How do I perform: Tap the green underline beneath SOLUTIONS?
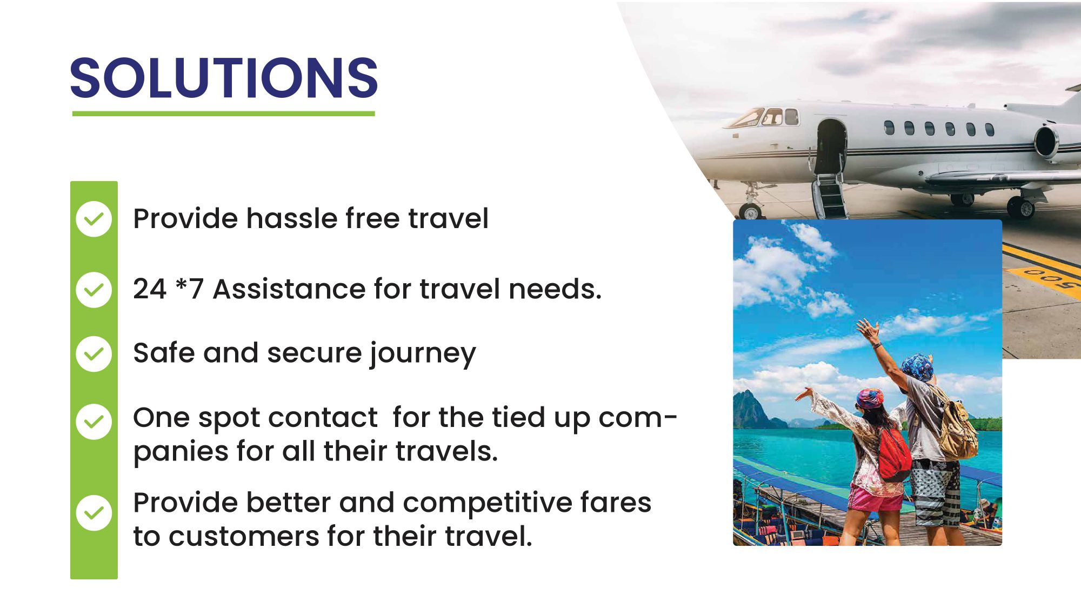tap(223, 113)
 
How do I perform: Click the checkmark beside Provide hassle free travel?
tap(94, 219)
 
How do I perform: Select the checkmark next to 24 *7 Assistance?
tap(94, 290)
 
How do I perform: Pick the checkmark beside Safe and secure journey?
tap(94, 354)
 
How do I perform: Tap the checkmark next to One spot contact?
tap(94, 422)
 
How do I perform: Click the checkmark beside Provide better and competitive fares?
tap(94, 513)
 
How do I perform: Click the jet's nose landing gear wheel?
tap(750, 210)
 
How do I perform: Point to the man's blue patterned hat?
tap(917, 366)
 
